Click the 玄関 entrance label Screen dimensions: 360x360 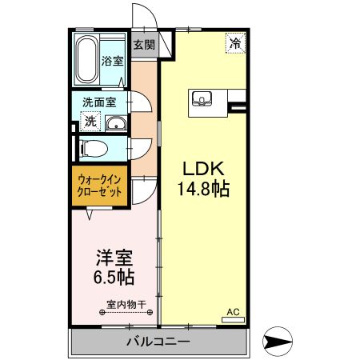point(145,45)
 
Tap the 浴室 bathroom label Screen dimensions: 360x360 point(112,61)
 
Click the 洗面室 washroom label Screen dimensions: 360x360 point(100,102)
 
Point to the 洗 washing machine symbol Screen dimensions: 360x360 point(90,122)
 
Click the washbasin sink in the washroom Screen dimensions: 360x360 point(115,122)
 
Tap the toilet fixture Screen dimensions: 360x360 point(93,148)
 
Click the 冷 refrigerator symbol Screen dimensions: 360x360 point(235,42)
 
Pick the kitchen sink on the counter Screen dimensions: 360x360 point(202,100)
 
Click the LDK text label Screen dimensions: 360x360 point(203,170)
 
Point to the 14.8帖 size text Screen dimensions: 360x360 point(203,190)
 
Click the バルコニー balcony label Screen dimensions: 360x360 point(158,343)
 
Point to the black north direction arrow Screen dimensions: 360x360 point(279,342)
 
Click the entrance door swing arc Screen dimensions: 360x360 point(142,16)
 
